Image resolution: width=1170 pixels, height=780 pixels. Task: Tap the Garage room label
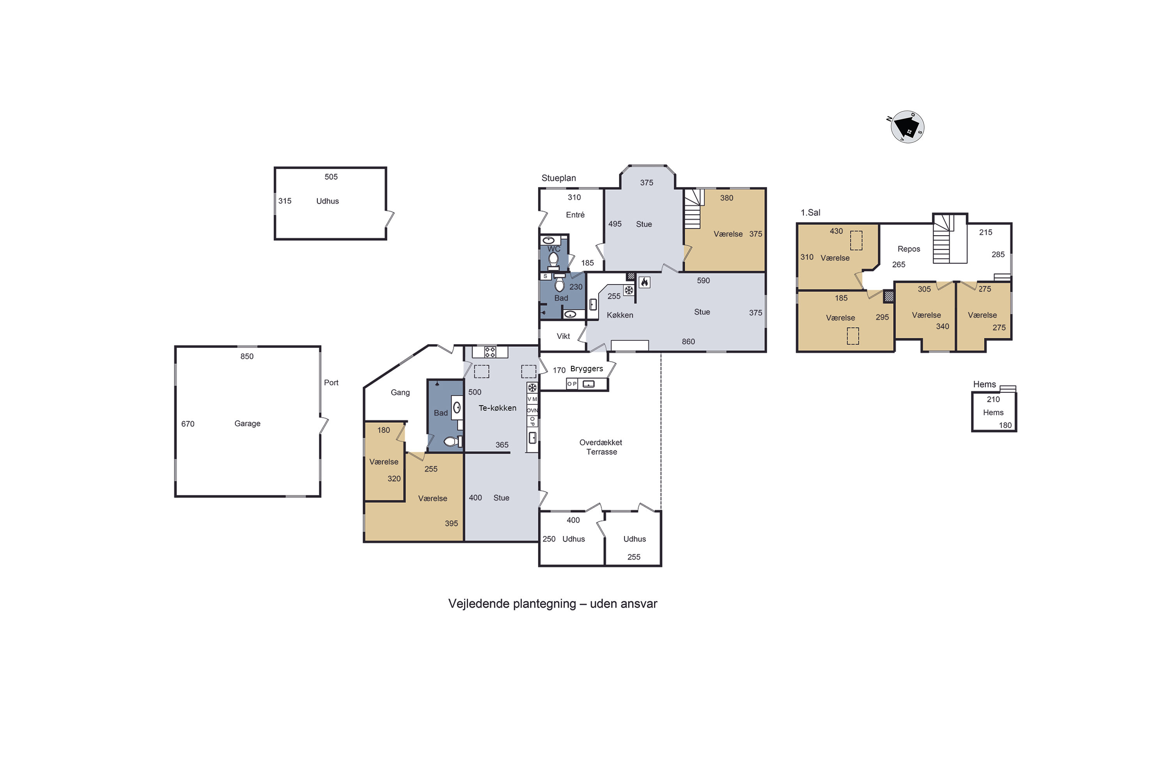(247, 423)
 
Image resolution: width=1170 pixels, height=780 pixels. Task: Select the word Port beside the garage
(331, 383)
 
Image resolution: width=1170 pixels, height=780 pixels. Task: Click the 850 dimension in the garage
(247, 356)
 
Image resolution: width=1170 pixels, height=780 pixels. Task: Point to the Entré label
(575, 215)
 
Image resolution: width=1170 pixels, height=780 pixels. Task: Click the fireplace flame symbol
(644, 282)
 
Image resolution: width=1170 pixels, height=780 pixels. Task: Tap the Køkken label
(620, 315)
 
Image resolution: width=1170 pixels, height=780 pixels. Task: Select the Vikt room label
(563, 336)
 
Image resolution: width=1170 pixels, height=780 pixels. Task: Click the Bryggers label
(587, 369)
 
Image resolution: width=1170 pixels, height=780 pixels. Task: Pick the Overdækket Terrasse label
(601, 447)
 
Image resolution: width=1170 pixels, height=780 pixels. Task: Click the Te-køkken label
(498, 408)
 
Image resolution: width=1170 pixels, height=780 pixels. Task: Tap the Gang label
(400, 392)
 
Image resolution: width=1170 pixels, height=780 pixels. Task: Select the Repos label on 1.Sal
(908, 249)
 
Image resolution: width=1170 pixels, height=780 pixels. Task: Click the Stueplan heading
(558, 178)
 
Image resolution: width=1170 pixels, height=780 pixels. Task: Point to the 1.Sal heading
(810, 213)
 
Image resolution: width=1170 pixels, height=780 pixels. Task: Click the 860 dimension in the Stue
(688, 341)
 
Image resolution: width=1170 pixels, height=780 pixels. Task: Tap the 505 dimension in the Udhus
(331, 177)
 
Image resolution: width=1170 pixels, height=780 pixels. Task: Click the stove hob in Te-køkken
(490, 352)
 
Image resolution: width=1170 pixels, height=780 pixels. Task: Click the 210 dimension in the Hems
(993, 399)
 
